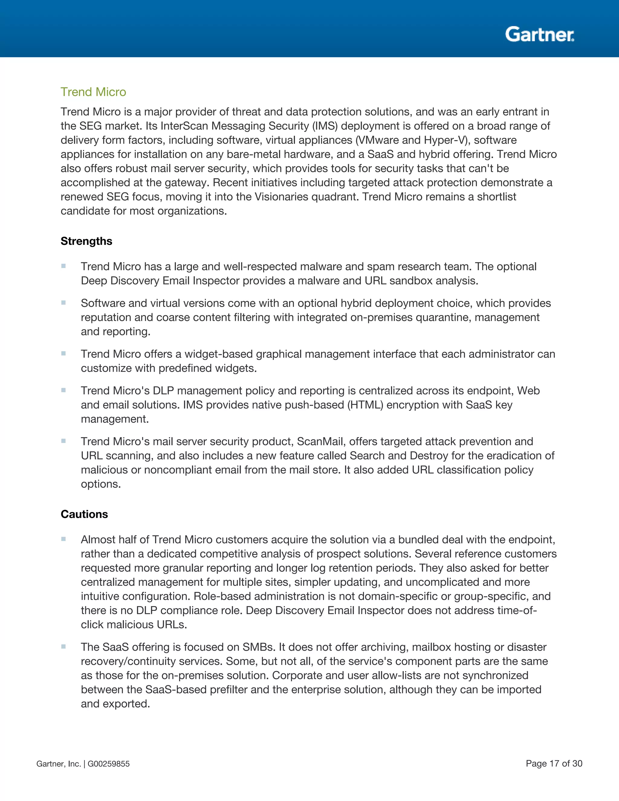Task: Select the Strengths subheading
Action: click(86, 241)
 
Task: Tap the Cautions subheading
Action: click(84, 514)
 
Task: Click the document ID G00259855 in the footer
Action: click(109, 764)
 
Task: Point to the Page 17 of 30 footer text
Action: click(554, 763)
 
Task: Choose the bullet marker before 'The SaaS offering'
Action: click(63, 646)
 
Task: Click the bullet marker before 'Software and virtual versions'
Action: click(63, 303)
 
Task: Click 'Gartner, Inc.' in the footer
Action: click(58, 764)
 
